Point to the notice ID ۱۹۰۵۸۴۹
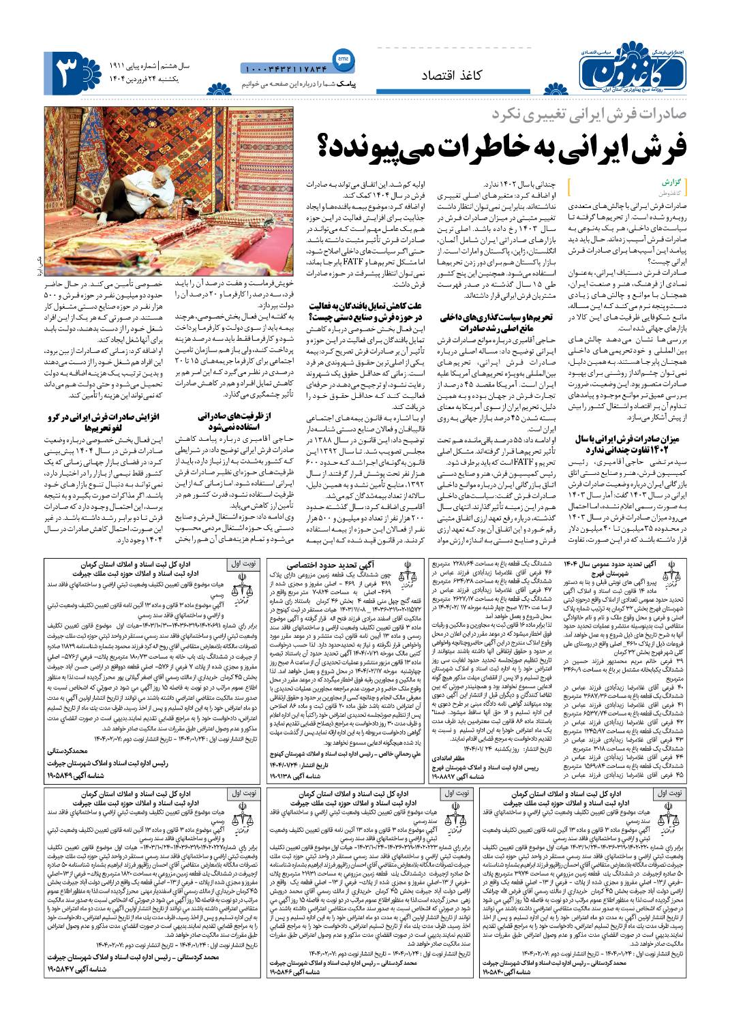[x=70, y=775]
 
